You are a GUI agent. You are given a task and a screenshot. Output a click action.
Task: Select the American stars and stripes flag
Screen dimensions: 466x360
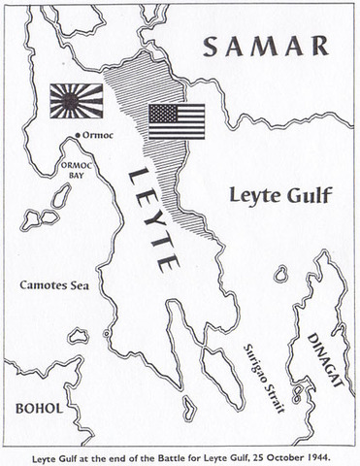177,121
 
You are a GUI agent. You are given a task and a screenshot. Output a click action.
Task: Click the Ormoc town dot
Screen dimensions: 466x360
77,135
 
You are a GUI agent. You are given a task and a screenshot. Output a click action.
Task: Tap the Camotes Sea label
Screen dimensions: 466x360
53,285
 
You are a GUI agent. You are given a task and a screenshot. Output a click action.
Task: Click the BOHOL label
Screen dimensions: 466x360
36,409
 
